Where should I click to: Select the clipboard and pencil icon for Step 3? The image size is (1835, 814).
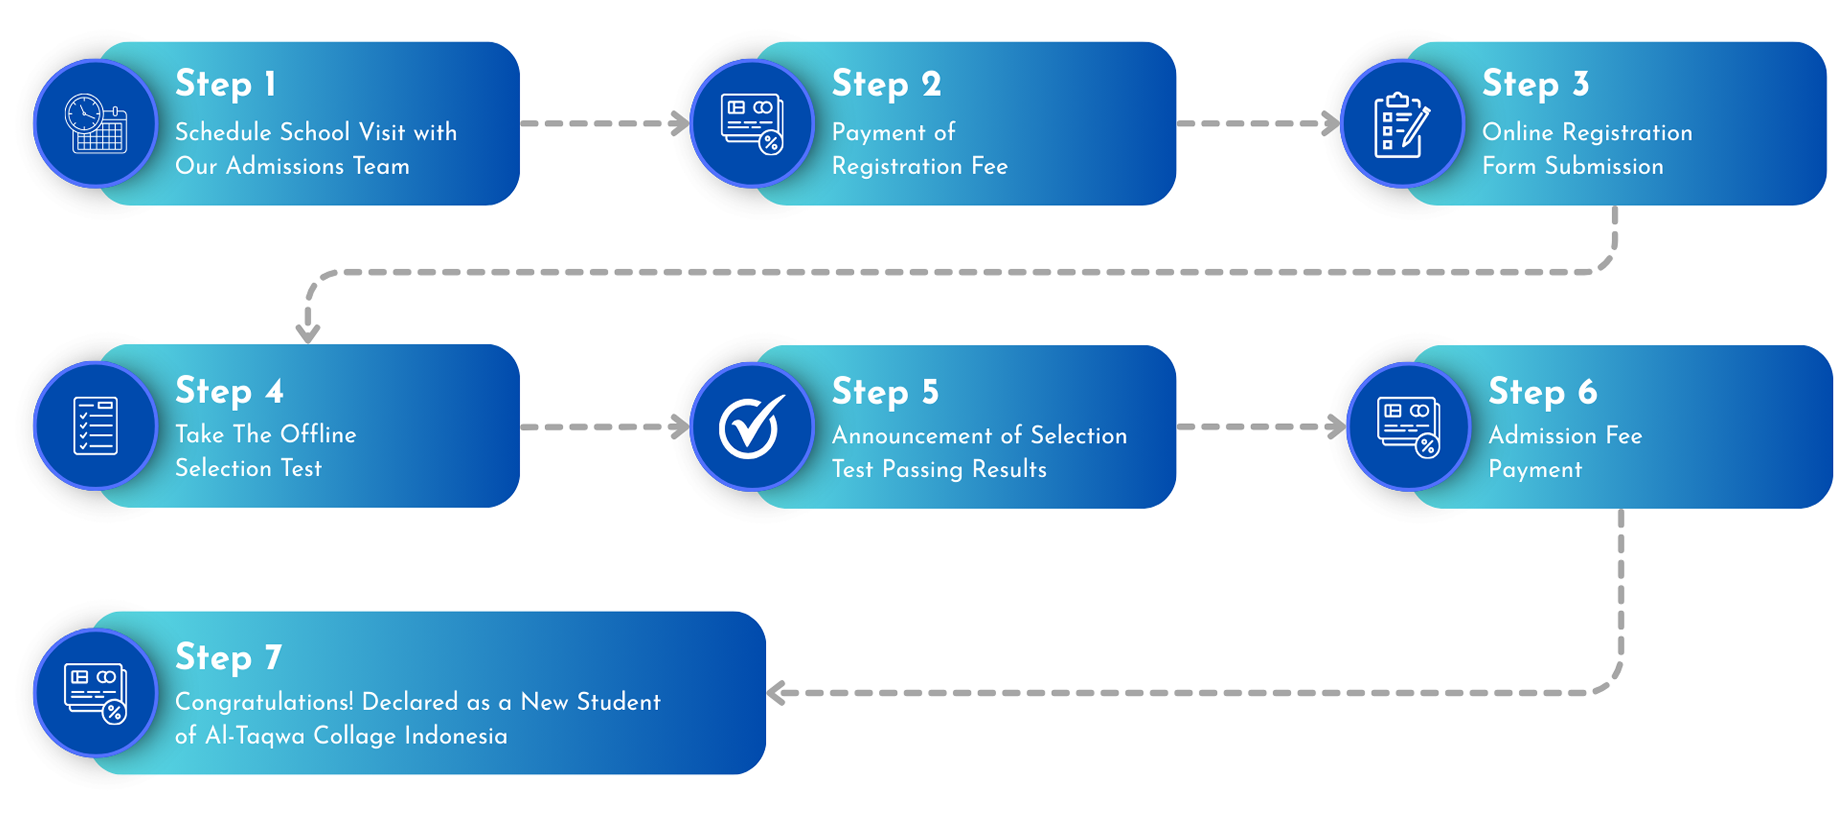(1401, 125)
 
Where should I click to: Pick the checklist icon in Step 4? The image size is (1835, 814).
(96, 426)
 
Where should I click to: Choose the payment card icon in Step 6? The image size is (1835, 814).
(1408, 426)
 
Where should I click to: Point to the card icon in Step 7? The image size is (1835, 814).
(96, 693)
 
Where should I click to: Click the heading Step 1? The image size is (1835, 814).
(225, 84)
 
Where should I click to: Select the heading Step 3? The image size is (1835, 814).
(1535, 84)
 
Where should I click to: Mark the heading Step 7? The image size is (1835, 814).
(228, 657)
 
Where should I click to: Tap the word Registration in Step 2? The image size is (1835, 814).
(896, 166)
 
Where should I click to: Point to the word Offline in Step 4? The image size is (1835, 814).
(318, 434)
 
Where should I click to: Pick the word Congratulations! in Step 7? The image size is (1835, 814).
(264, 702)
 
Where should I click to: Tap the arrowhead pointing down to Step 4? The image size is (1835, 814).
(308, 332)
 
